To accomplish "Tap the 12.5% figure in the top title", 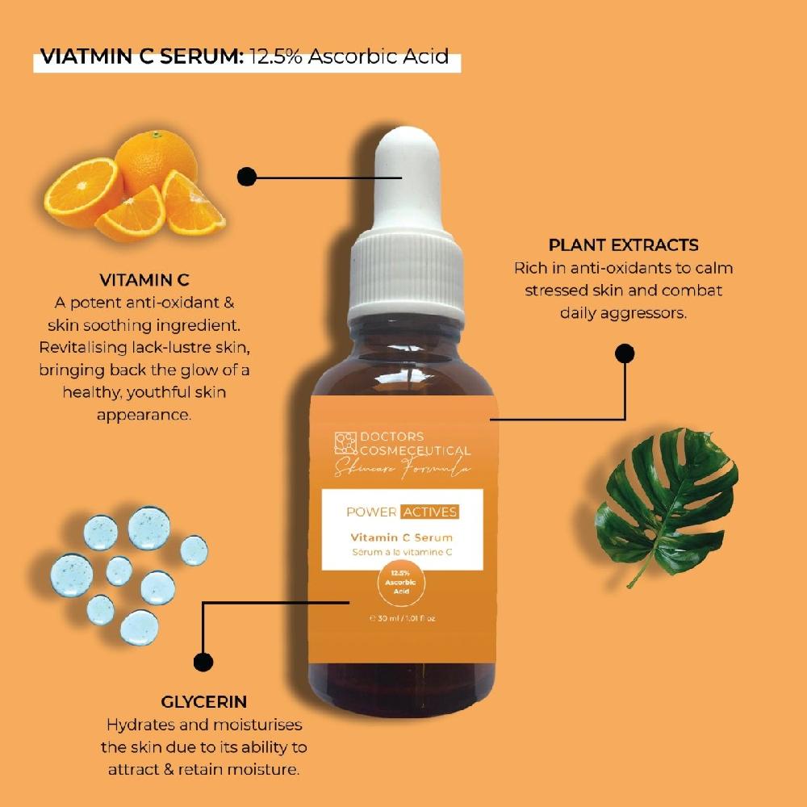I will click(x=279, y=58).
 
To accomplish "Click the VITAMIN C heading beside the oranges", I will click(x=144, y=280).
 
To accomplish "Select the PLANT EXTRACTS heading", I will click(x=623, y=245).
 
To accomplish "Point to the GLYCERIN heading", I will click(x=203, y=701).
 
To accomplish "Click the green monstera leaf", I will click(x=666, y=500).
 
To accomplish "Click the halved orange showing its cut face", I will click(x=81, y=192).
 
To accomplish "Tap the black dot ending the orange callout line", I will click(x=247, y=176).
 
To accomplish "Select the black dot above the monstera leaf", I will click(x=625, y=353).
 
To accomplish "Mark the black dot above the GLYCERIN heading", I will click(x=204, y=662).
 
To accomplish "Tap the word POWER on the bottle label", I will click(x=371, y=512).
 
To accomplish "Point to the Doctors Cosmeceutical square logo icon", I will click(x=345, y=443).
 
